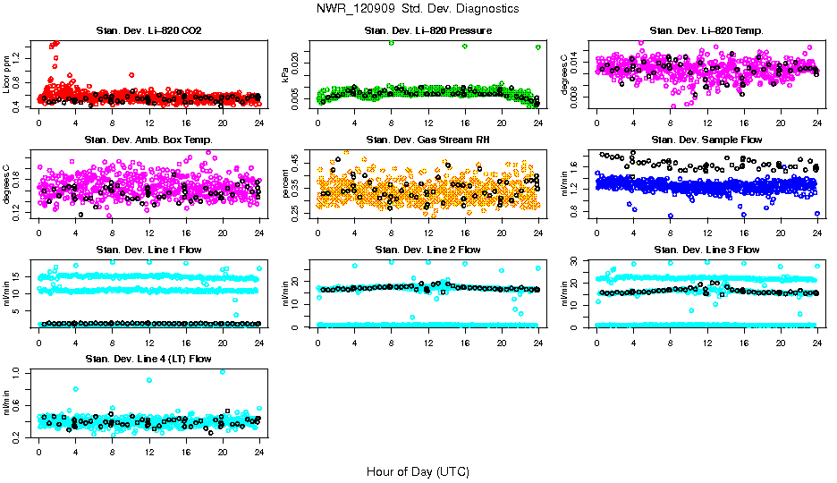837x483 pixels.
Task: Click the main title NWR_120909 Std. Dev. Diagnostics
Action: (x=418, y=8)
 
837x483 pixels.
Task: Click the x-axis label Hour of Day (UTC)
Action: (x=418, y=471)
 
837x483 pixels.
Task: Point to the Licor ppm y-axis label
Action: (x=8, y=73)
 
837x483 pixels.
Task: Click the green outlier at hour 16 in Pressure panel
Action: (x=465, y=47)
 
